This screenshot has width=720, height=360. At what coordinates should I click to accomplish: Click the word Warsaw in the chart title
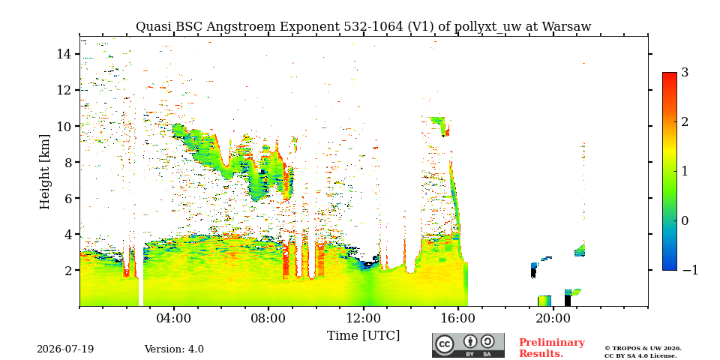[x=567, y=27]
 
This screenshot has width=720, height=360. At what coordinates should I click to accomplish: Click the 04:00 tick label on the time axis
[x=173, y=318]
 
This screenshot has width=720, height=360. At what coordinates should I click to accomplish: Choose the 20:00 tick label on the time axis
[x=553, y=318]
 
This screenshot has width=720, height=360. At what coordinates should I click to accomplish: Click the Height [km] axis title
[x=44, y=172]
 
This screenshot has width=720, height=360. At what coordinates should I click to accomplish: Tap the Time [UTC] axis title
[x=363, y=335]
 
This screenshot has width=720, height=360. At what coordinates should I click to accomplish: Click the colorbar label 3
[x=685, y=72]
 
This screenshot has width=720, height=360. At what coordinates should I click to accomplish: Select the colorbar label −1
[x=690, y=270]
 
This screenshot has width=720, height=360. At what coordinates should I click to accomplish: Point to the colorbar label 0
[x=685, y=220]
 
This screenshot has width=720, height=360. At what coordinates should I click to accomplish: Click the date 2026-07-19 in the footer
[x=65, y=349]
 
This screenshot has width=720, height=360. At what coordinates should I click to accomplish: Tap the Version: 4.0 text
[x=174, y=349]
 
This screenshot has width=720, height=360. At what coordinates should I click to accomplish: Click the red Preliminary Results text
[x=552, y=348]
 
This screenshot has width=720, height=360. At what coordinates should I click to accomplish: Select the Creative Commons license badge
[x=468, y=345]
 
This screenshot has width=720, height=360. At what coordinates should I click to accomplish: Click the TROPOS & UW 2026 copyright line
[x=643, y=349]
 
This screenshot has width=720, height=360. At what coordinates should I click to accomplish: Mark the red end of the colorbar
[x=670, y=74]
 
